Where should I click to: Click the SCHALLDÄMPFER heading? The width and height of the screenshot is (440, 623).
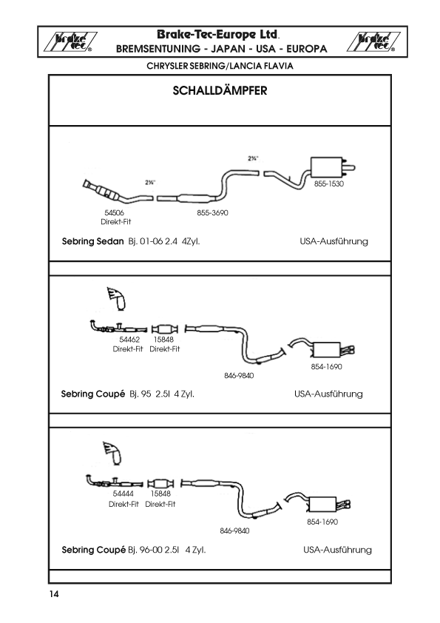220,90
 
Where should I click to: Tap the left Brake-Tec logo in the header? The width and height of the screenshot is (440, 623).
70,41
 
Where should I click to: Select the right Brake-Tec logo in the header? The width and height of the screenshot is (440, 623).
373,41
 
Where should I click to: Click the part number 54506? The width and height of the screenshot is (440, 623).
115,212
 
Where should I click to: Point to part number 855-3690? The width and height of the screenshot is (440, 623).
212,212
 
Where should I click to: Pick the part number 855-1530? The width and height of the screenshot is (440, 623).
329,183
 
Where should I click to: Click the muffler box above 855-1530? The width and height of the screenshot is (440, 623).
326,167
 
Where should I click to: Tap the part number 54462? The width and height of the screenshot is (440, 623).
129,340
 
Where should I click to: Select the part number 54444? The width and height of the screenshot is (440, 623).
123,494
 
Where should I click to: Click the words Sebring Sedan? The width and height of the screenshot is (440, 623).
93,241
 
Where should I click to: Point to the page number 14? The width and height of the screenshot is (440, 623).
54,594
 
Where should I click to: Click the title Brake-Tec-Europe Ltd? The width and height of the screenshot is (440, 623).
218,35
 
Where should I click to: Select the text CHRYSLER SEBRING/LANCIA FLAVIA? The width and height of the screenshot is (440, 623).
220,66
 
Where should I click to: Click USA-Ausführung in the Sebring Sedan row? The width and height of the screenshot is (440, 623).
334,241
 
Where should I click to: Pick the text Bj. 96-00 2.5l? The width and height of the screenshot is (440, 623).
153,550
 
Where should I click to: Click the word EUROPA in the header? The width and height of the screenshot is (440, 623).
307,49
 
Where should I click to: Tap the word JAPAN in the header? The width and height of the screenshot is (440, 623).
228,49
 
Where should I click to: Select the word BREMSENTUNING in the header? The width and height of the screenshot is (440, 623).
158,49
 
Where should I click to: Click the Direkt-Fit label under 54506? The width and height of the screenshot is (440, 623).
115,222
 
